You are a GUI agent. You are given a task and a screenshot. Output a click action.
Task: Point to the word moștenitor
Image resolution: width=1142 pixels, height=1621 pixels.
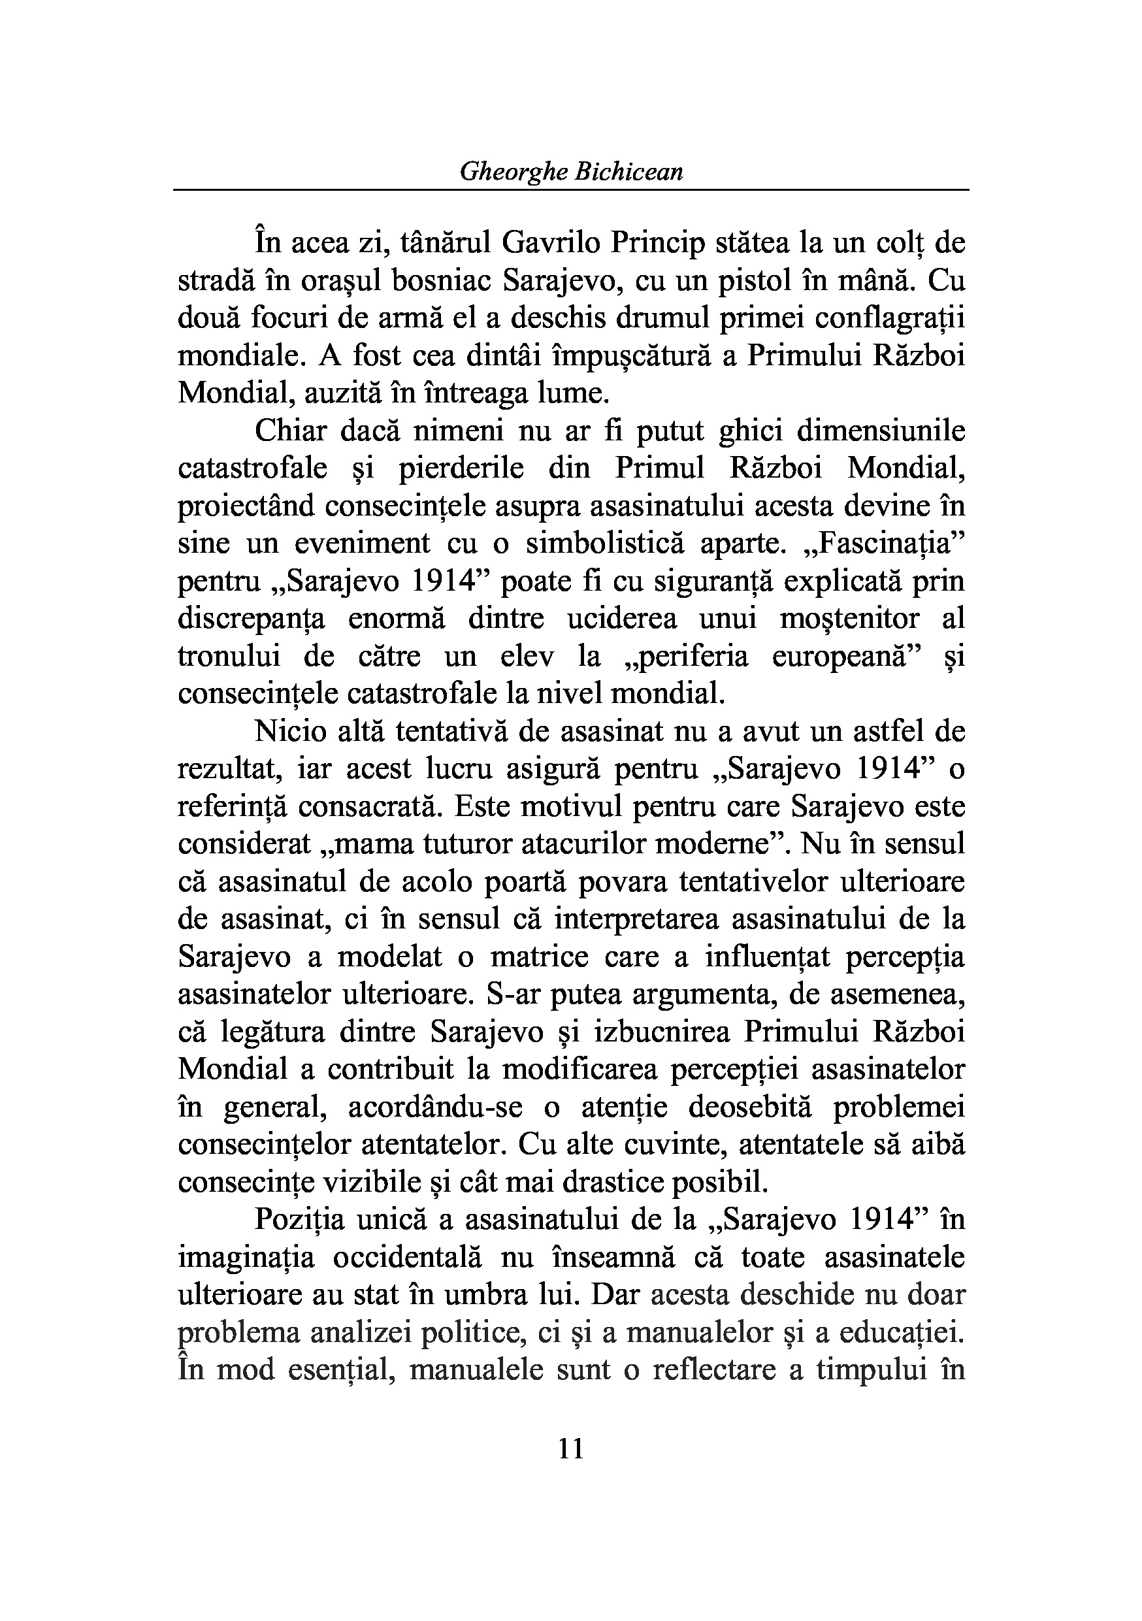[x=850, y=619]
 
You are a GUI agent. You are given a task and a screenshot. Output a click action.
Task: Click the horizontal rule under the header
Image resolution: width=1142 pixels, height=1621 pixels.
[x=570, y=190]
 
